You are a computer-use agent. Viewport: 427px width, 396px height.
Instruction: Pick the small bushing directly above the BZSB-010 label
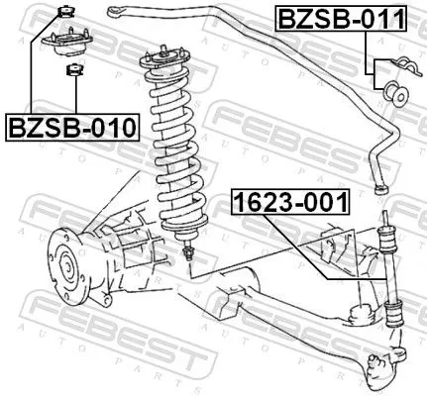[72, 70]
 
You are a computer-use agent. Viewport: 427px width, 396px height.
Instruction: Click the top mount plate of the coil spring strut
[165, 60]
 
